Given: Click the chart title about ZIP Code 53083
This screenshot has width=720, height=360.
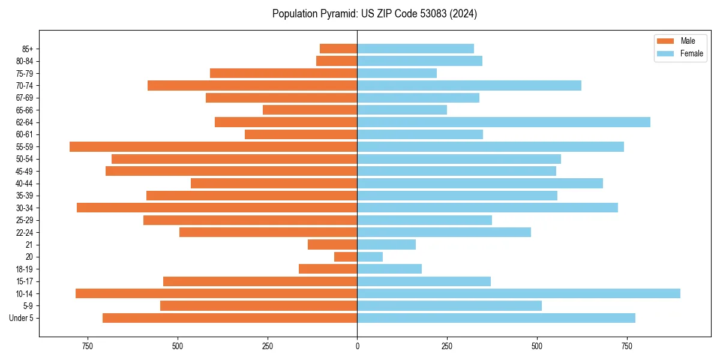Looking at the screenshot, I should [374, 14].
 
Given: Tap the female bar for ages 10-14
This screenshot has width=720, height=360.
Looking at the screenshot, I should [518, 293].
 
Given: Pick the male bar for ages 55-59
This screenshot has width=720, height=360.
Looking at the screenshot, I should [213, 146].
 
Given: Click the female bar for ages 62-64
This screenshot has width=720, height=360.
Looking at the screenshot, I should [503, 122].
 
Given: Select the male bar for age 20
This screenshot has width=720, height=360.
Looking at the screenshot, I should [346, 257].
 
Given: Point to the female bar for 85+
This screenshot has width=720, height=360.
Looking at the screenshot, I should [415, 49].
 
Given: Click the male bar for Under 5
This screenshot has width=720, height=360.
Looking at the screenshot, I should [230, 318].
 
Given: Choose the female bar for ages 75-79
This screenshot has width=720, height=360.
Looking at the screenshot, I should [397, 73].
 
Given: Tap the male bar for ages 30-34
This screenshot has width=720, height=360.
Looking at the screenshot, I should [217, 208].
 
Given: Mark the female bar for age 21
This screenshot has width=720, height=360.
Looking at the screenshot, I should [386, 244].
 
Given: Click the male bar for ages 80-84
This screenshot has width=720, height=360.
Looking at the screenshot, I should [337, 61].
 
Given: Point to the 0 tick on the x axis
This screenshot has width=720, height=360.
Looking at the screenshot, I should [357, 346].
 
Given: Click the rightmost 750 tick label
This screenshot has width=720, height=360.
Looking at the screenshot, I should [627, 346].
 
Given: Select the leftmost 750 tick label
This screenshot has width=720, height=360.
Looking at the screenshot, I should [88, 346].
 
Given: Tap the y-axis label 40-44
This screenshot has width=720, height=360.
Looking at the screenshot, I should [24, 184].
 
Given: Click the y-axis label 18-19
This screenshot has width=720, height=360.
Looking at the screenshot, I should [24, 269].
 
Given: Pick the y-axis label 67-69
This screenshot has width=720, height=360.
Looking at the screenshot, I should [24, 98].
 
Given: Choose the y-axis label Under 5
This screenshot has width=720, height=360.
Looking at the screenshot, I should [22, 318].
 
